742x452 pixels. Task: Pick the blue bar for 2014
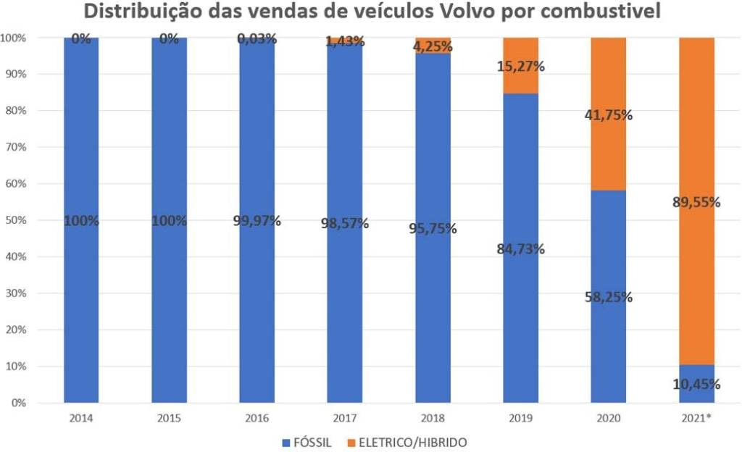coord(81,290)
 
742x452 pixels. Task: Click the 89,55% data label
coord(696,203)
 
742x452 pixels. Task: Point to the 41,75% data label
coord(609,115)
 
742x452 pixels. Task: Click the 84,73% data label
coord(521,250)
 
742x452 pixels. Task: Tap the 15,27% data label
coord(521,67)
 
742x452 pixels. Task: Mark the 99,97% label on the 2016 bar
coord(257,221)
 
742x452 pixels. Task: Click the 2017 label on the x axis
coord(345,418)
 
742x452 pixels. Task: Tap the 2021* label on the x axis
coord(696,418)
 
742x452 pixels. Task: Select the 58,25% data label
coord(609,297)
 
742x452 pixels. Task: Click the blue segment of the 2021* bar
coord(696,395)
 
